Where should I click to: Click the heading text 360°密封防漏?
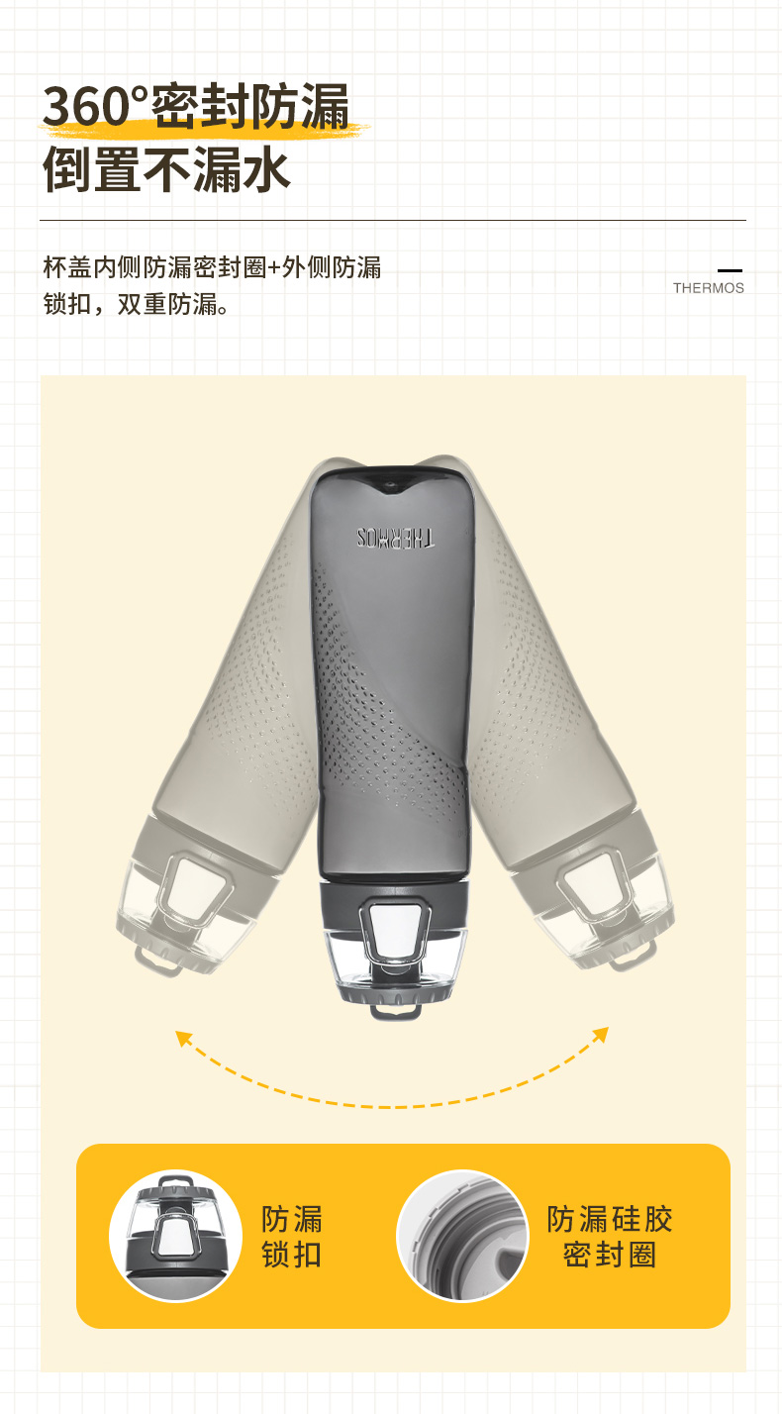[x=196, y=106]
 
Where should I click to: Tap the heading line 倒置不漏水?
[x=166, y=169]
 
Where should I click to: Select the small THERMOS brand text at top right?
[x=708, y=288]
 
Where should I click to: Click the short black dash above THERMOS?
[x=731, y=270]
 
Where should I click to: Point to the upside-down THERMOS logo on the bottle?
[x=396, y=538]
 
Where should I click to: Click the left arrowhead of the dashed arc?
[x=183, y=1039]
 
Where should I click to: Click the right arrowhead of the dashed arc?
[x=601, y=1035]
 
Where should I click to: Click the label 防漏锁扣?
[x=292, y=1237]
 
